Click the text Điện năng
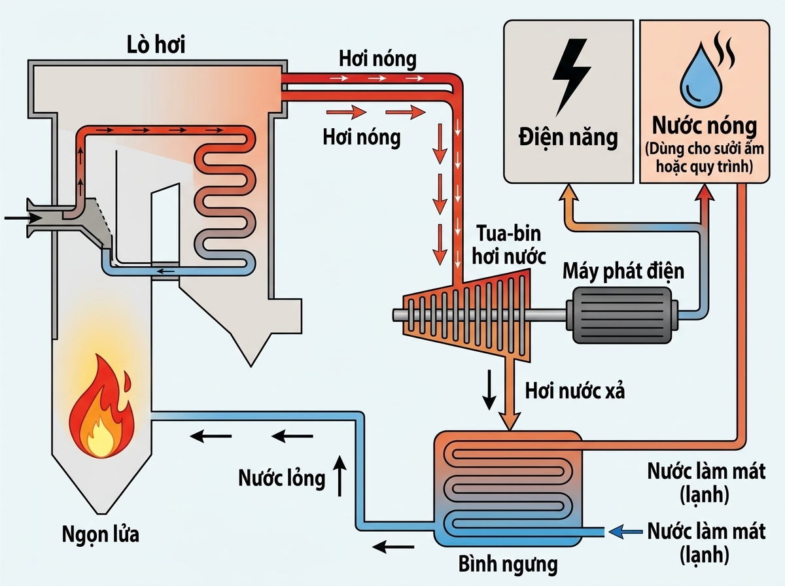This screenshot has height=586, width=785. click(x=568, y=137)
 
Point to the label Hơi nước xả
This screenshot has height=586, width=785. click(x=575, y=391)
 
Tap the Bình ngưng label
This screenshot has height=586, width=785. click(x=508, y=564)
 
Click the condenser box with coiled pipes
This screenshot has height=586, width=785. click(x=508, y=487)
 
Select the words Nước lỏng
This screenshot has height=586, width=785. click(x=281, y=478)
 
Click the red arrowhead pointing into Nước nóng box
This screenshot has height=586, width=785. click(x=705, y=192)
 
